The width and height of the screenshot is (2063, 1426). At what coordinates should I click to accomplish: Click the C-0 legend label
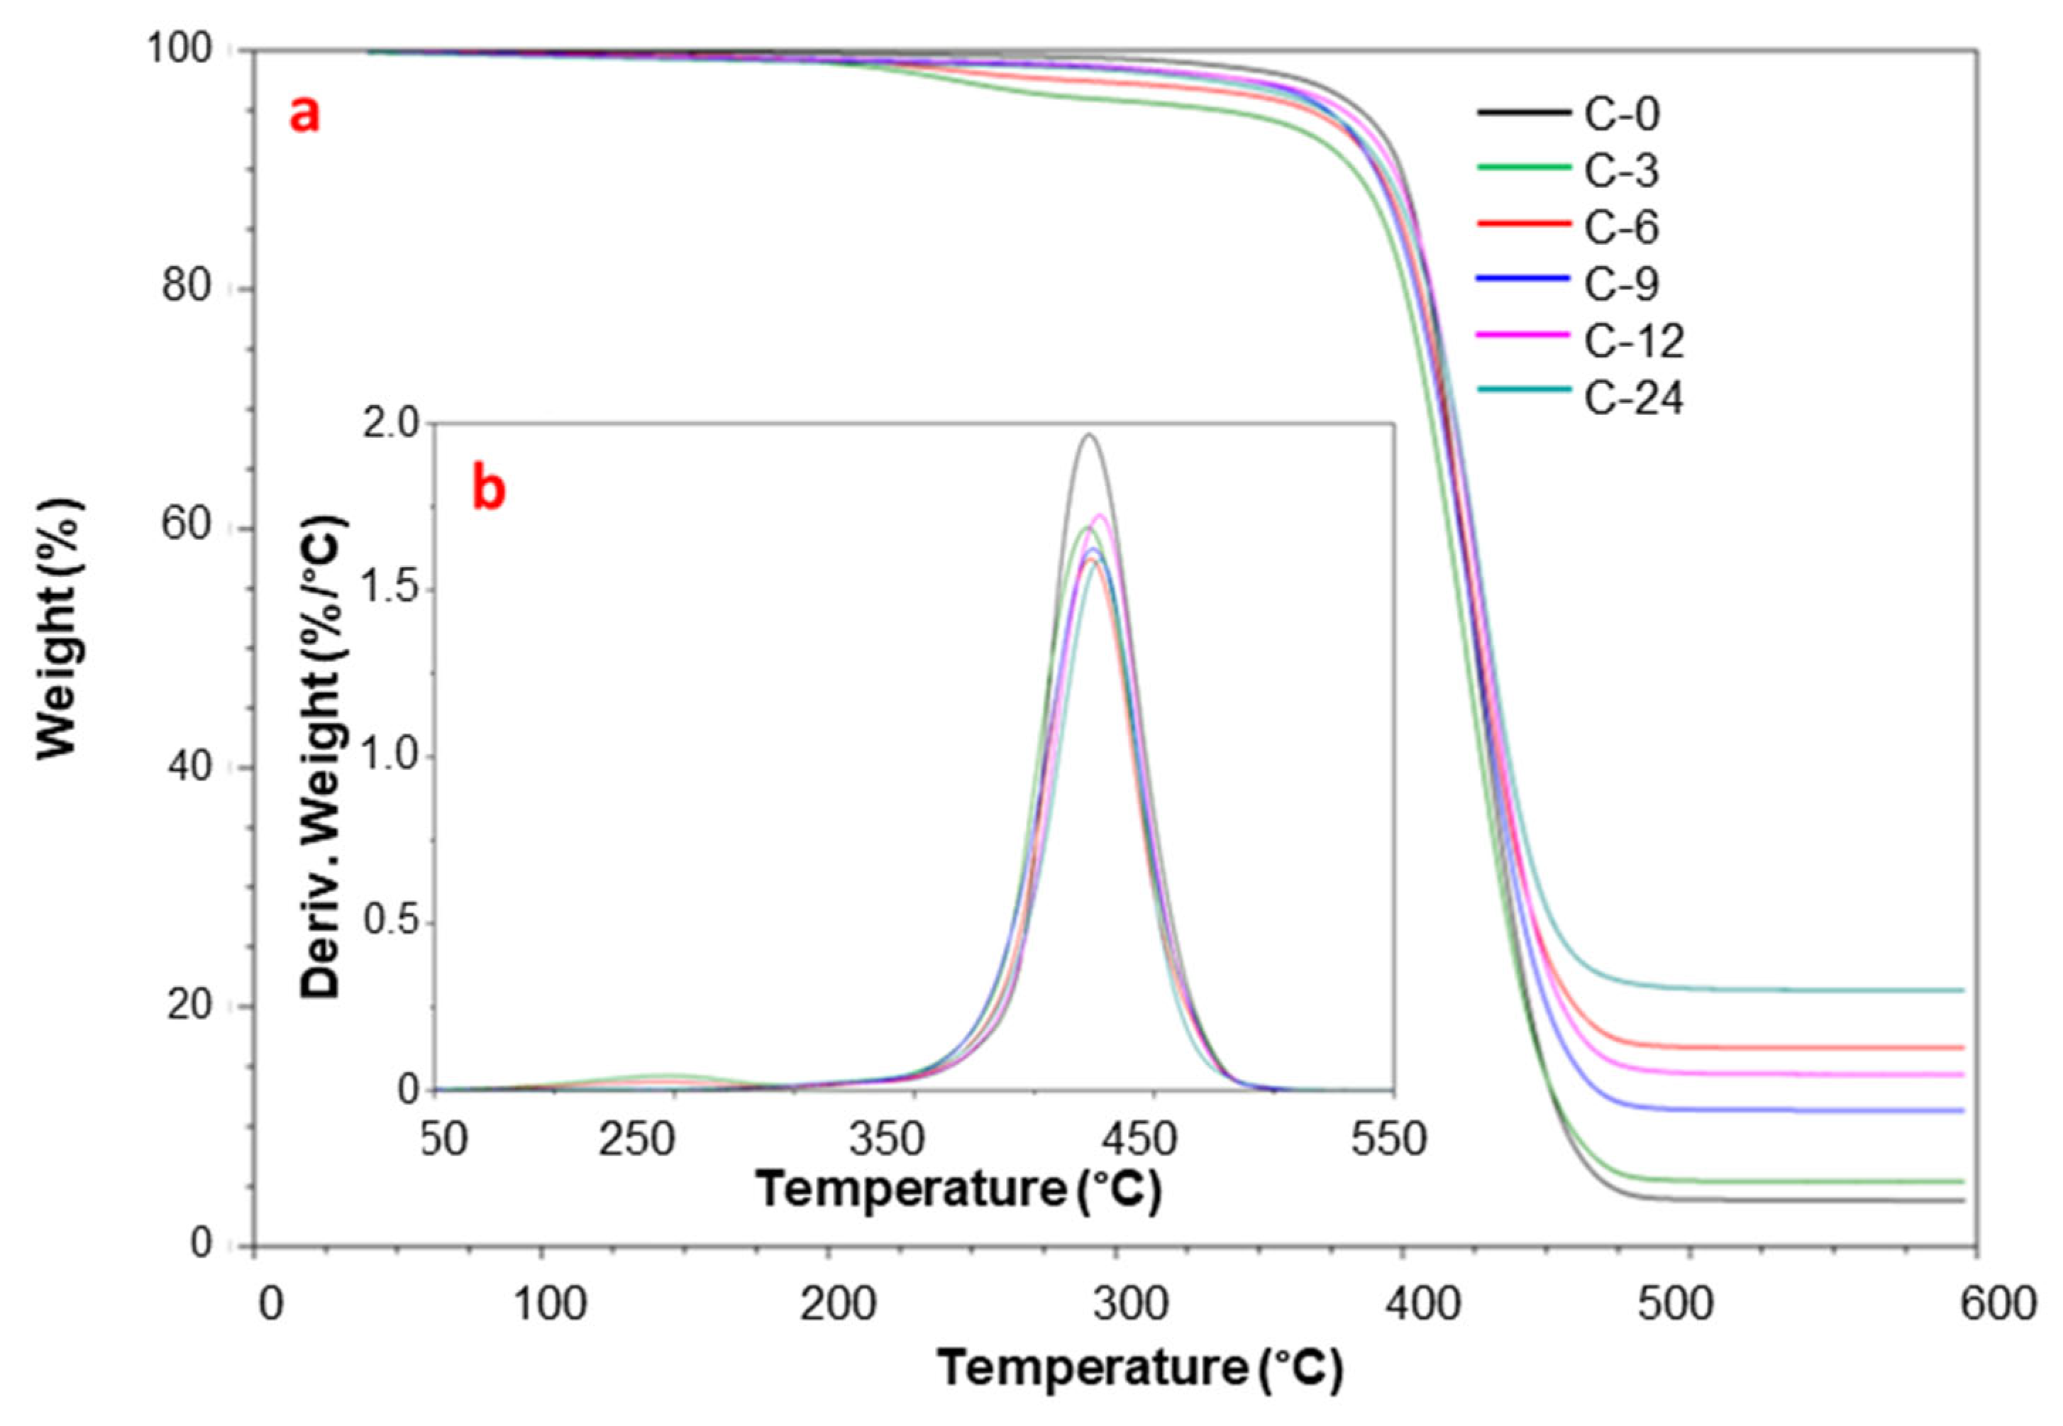tap(1621, 114)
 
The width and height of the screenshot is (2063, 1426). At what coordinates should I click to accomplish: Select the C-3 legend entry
tap(1621, 171)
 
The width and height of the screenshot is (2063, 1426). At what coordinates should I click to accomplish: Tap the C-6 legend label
tap(1621, 227)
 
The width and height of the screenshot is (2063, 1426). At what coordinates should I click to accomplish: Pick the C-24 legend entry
tap(1633, 397)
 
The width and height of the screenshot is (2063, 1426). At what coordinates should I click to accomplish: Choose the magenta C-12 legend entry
tap(1633, 341)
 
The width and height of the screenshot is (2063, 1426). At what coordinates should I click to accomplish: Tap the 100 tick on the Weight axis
tap(179, 48)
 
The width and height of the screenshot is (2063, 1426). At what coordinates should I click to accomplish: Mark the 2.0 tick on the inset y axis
tap(390, 424)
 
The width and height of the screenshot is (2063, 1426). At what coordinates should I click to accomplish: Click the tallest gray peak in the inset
tap(1088, 436)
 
